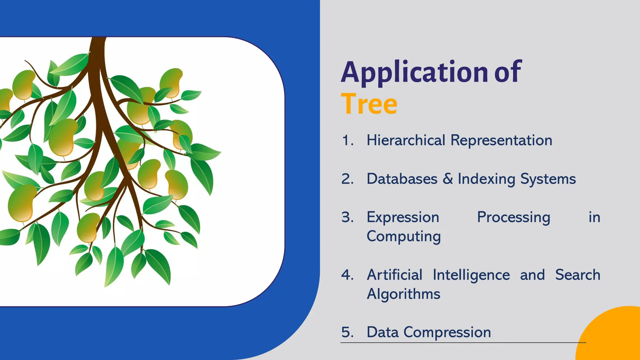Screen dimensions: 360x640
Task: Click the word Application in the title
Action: pyautogui.click(x=414, y=72)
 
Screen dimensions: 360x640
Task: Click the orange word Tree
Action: pyautogui.click(x=369, y=104)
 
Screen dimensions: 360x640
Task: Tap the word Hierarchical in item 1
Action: pyautogui.click(x=406, y=140)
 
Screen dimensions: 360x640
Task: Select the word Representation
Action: pyautogui.click(x=501, y=140)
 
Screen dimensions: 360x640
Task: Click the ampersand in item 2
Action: pyautogui.click(x=447, y=179)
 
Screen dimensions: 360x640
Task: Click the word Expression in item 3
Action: pyautogui.click(x=403, y=217)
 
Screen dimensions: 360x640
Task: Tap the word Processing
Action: pyautogui.click(x=513, y=217)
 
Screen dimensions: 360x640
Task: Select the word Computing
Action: pyautogui.click(x=403, y=237)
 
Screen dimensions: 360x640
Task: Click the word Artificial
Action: pyautogui.click(x=394, y=275)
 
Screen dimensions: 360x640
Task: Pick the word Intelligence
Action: pyautogui.click(x=471, y=275)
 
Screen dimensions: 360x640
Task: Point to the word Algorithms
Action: pyautogui.click(x=403, y=294)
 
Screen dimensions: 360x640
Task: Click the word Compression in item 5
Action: pyautogui.click(x=447, y=332)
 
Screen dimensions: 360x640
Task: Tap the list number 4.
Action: pyautogui.click(x=347, y=275)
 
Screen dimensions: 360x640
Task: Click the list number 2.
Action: pyautogui.click(x=347, y=179)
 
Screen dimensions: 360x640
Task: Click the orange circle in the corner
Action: pyautogui.click(x=612, y=337)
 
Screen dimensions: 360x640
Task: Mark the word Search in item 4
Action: pyautogui.click(x=577, y=275)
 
